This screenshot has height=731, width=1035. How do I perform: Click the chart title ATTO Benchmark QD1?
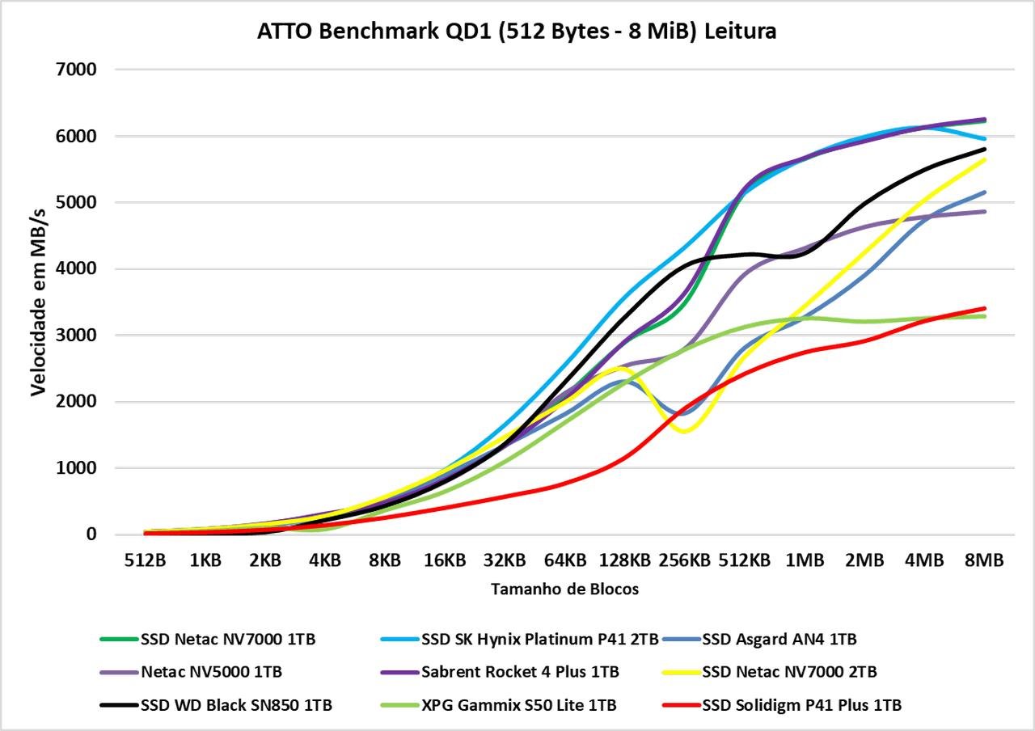click(x=517, y=31)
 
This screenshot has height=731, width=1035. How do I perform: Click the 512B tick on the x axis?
click(x=145, y=560)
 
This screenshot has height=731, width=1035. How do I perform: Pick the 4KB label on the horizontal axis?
click(x=324, y=560)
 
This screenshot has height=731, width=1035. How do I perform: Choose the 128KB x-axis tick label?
click(x=624, y=560)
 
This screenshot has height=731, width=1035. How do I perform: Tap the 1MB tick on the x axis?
click(x=805, y=560)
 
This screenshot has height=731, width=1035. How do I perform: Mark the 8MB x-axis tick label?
click(x=984, y=560)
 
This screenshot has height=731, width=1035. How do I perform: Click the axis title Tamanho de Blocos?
click(x=564, y=589)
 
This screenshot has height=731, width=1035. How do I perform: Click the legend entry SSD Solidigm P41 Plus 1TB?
click(x=801, y=705)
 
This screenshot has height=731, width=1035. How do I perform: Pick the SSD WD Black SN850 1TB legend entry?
click(x=235, y=705)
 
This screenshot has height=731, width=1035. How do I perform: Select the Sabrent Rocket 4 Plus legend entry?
click(x=520, y=672)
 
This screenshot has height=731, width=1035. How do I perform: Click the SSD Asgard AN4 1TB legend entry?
click(x=779, y=639)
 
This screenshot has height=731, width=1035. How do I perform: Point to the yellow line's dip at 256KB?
click(x=685, y=431)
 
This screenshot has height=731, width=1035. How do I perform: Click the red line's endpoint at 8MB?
click(x=984, y=308)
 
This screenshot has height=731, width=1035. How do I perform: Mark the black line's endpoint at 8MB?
click(x=984, y=149)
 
